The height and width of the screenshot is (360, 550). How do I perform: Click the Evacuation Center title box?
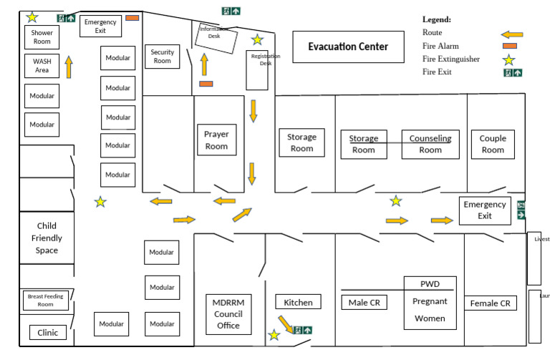click(x=348, y=47)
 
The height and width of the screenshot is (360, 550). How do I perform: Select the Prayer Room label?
click(x=216, y=140)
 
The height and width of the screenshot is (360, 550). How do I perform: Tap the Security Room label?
click(x=163, y=57)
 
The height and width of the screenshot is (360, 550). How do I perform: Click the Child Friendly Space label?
click(x=47, y=238)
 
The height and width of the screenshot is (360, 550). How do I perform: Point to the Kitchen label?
click(x=298, y=302)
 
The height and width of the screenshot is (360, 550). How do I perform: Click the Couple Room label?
click(x=492, y=144)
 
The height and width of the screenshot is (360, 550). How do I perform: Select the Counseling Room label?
click(x=430, y=144)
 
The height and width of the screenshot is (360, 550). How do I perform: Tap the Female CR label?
click(x=490, y=303)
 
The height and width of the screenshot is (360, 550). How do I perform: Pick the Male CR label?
click(x=365, y=303)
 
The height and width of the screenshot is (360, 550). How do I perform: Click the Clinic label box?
click(x=48, y=333)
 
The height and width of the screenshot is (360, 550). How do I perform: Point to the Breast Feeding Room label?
click(x=46, y=300)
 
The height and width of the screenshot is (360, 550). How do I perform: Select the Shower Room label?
click(x=42, y=37)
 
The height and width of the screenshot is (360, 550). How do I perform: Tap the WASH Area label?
click(x=42, y=66)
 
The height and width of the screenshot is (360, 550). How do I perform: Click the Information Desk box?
click(x=217, y=38)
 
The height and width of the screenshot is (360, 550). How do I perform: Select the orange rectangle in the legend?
click(x=510, y=47)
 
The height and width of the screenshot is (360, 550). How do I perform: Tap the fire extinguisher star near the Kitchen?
click(x=274, y=334)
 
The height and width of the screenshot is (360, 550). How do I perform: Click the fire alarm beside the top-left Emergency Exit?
click(x=132, y=18)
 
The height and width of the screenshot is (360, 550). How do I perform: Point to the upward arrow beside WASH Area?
click(x=69, y=67)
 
